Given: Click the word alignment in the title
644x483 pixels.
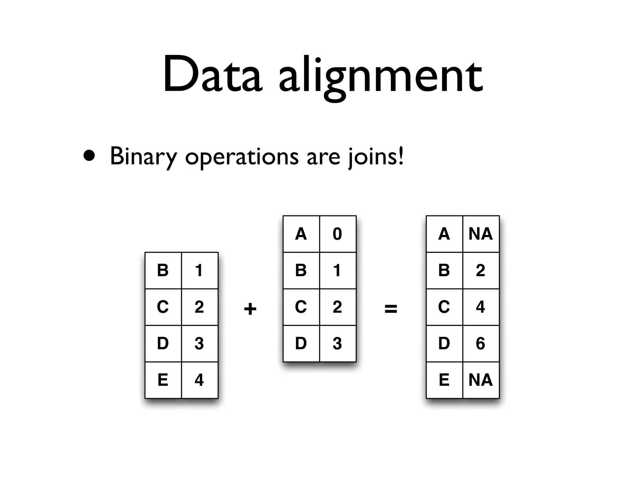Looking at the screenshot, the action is pyautogui.click(x=380, y=77).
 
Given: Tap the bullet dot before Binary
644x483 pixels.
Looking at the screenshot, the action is pyautogui.click(x=89, y=156).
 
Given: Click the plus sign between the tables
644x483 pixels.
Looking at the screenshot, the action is pyautogui.click(x=250, y=308).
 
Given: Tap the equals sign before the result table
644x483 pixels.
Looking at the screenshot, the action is pyautogui.click(x=391, y=308).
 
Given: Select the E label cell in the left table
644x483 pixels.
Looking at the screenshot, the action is pyautogui.click(x=163, y=380).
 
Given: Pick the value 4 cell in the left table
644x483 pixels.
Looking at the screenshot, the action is pyautogui.click(x=199, y=380).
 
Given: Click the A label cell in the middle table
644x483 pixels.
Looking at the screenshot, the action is pyautogui.click(x=301, y=234).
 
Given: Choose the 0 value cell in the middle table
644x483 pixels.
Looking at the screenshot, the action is pyautogui.click(x=337, y=234).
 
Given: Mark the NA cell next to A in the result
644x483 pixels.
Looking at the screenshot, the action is pyautogui.click(x=480, y=234).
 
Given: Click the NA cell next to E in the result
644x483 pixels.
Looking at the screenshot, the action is pyautogui.click(x=480, y=380).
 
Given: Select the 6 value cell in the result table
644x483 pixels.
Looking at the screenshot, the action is pyautogui.click(x=480, y=343).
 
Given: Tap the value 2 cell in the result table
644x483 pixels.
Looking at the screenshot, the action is pyautogui.click(x=480, y=270).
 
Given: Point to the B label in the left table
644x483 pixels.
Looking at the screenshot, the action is pyautogui.click(x=163, y=270).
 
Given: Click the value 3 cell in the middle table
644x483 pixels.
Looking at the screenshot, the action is pyautogui.click(x=337, y=343).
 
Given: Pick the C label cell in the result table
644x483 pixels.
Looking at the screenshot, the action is pyautogui.click(x=444, y=307).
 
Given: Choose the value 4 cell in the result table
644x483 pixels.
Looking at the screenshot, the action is pyautogui.click(x=480, y=307).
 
